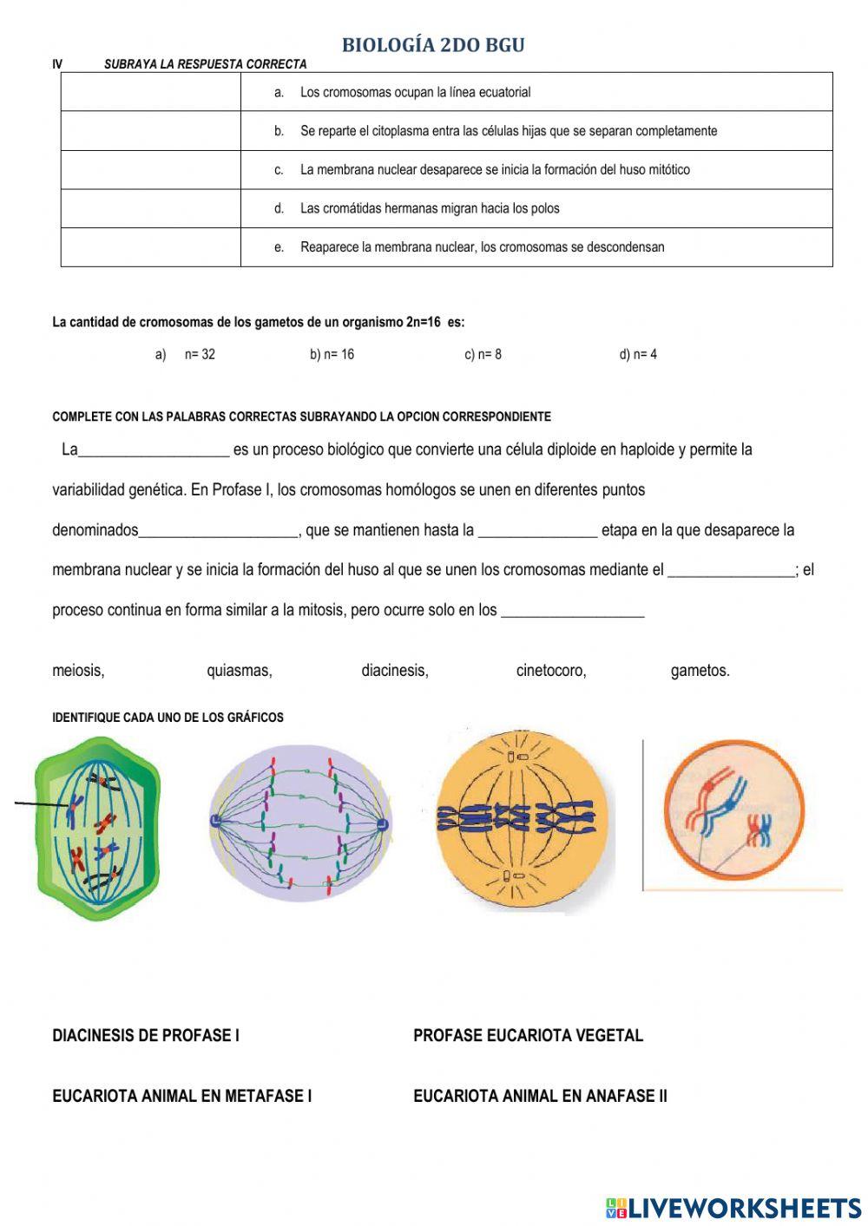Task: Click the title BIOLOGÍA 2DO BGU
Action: point(433,45)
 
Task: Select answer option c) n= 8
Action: point(483,354)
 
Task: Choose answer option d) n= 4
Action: point(638,354)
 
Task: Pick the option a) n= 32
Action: point(186,354)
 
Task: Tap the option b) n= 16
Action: point(332,354)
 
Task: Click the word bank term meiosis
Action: point(78,671)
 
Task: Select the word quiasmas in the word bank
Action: point(240,671)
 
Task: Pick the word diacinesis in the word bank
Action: point(395,671)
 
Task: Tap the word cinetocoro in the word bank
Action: point(551,671)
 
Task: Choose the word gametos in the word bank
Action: point(700,671)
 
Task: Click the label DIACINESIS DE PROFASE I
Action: point(146,1035)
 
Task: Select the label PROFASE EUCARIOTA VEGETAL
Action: point(528,1035)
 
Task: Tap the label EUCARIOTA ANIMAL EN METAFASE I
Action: point(182,1096)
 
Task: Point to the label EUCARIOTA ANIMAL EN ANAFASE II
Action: point(540,1096)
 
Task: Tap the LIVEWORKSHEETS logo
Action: point(733,1208)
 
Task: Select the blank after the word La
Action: point(154,450)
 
